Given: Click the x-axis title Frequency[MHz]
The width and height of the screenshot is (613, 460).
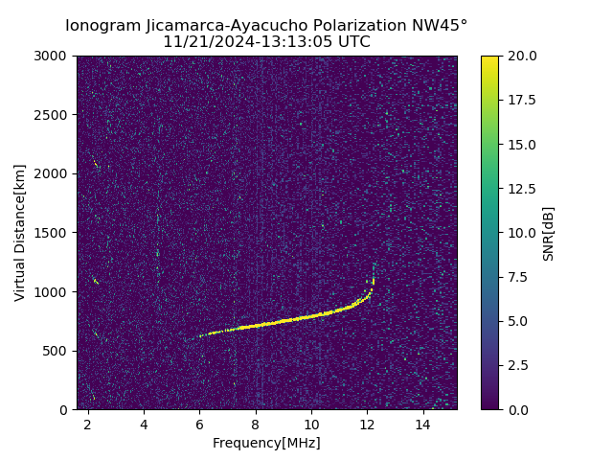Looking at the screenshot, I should point(266,443).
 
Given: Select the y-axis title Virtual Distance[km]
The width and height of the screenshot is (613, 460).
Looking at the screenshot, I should point(20,233).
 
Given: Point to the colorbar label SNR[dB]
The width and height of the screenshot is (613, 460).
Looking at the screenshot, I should point(549,233).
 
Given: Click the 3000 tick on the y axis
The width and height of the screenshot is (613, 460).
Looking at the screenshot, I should point(53,56).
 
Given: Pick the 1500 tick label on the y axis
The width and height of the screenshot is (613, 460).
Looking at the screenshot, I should point(53,233).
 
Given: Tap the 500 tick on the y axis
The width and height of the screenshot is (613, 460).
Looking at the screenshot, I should point(57,351).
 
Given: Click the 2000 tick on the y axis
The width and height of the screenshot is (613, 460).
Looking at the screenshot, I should point(53,173).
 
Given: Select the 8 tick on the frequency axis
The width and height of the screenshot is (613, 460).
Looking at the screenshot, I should point(256,424).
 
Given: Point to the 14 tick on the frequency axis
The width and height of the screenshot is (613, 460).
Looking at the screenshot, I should point(422,424).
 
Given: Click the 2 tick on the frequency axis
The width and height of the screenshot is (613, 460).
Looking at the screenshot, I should point(88,424).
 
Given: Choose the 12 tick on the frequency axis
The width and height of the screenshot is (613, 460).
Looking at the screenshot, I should point(367,424).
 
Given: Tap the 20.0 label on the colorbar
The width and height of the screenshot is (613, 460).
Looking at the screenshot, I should point(522,56).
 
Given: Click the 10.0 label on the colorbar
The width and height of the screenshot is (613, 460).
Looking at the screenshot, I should point(522,233).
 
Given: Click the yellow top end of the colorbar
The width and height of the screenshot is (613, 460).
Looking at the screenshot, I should point(489,58).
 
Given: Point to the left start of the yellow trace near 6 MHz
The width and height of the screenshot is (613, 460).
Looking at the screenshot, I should point(201,335).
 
